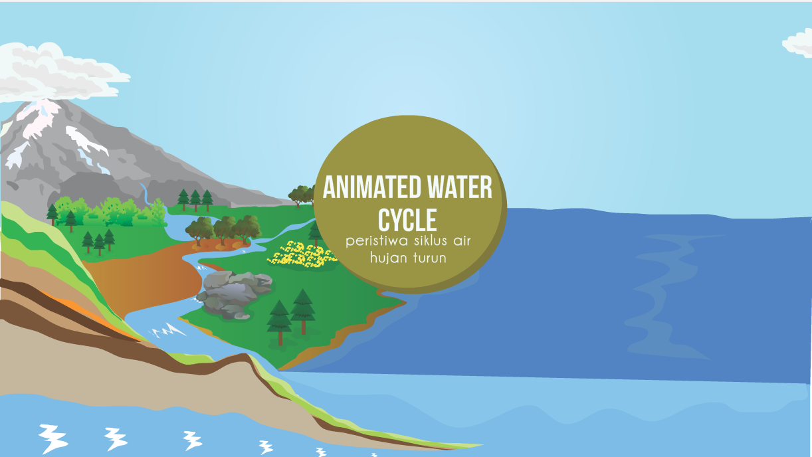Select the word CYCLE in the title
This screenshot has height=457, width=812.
pyautogui.click(x=407, y=220)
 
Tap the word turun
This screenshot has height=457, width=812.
pyautogui.click(x=428, y=258)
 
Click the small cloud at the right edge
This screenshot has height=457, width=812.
pyautogui.click(x=799, y=43)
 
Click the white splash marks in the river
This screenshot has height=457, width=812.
pyautogui.click(x=167, y=329)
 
